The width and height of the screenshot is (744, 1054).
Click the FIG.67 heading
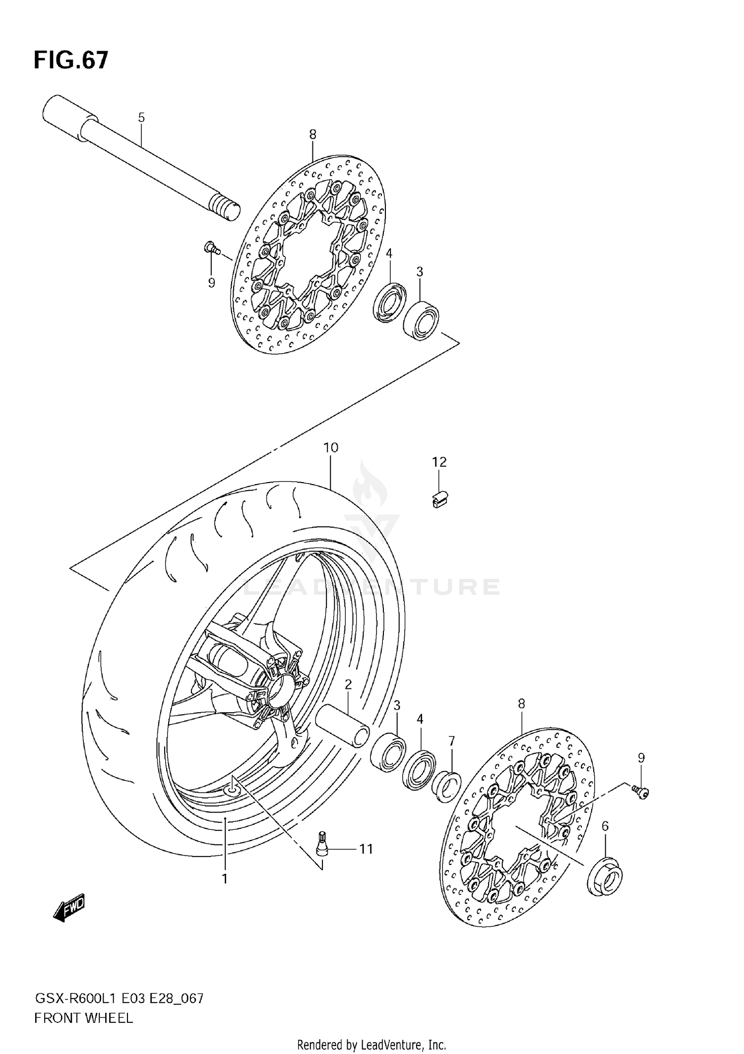pyautogui.click(x=70, y=60)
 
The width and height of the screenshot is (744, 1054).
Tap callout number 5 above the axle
pyautogui.click(x=141, y=118)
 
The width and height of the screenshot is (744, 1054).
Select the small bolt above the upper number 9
pyautogui.click(x=212, y=248)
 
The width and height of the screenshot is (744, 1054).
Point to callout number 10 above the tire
pyautogui.click(x=331, y=447)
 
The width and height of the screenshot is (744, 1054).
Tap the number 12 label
pyautogui.click(x=439, y=462)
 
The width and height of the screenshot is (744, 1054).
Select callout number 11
pyautogui.click(x=366, y=849)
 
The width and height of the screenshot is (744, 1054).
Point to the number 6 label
pyautogui.click(x=605, y=826)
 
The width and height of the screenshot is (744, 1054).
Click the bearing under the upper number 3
pyautogui.click(x=421, y=320)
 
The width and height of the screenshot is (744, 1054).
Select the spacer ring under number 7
pyautogui.click(x=445, y=786)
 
